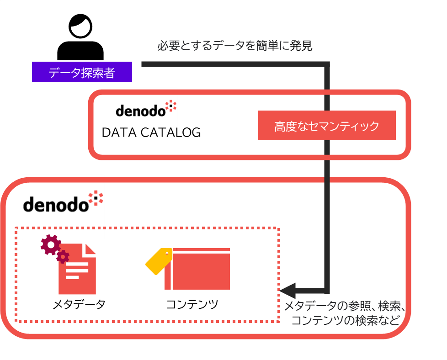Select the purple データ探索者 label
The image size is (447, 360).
tap(82, 73)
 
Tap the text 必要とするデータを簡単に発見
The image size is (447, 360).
tap(234, 46)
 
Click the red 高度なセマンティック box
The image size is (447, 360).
tap(327, 126)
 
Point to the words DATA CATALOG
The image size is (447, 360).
tap(151, 132)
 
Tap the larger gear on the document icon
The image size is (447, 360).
tap(50, 245)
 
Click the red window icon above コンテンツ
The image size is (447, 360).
tap(197, 269)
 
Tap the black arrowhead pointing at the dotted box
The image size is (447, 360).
tap(288, 290)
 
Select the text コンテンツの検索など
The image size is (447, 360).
tap(345, 320)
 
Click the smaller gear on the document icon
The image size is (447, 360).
tap(63, 257)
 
